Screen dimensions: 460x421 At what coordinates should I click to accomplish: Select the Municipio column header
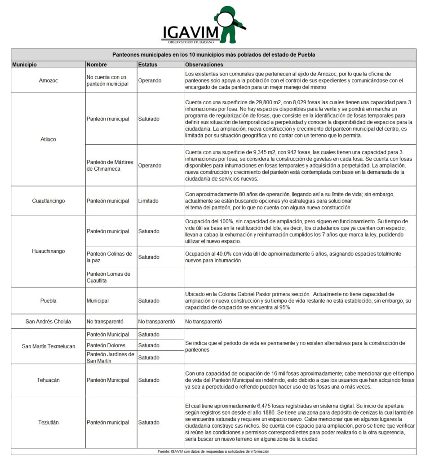pos(24,65)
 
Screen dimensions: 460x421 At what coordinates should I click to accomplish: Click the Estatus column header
pos(148,65)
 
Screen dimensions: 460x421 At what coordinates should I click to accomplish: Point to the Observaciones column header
pos(204,65)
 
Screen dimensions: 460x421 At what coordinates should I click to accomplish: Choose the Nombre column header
pos(97,65)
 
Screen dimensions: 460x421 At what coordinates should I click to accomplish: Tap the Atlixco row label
pos(48,139)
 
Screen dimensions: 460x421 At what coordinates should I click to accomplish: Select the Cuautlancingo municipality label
pos(48,201)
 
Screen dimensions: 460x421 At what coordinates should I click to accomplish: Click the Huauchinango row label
pos(48,251)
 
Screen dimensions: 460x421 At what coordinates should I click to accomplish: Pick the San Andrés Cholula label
pos(48,322)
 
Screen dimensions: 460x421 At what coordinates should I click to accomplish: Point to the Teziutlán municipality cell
pos(48,422)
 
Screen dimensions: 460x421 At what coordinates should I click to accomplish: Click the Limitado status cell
pos(148,201)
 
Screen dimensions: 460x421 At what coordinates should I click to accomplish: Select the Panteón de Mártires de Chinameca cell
pos(110,165)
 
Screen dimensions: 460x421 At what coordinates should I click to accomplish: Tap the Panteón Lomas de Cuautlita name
pos(108,277)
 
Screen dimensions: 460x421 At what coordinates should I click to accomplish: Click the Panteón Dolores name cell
pos(106,345)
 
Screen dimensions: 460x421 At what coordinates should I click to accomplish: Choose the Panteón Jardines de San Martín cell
pos(110,358)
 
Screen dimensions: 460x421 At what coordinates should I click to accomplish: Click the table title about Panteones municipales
pos(213,54)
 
